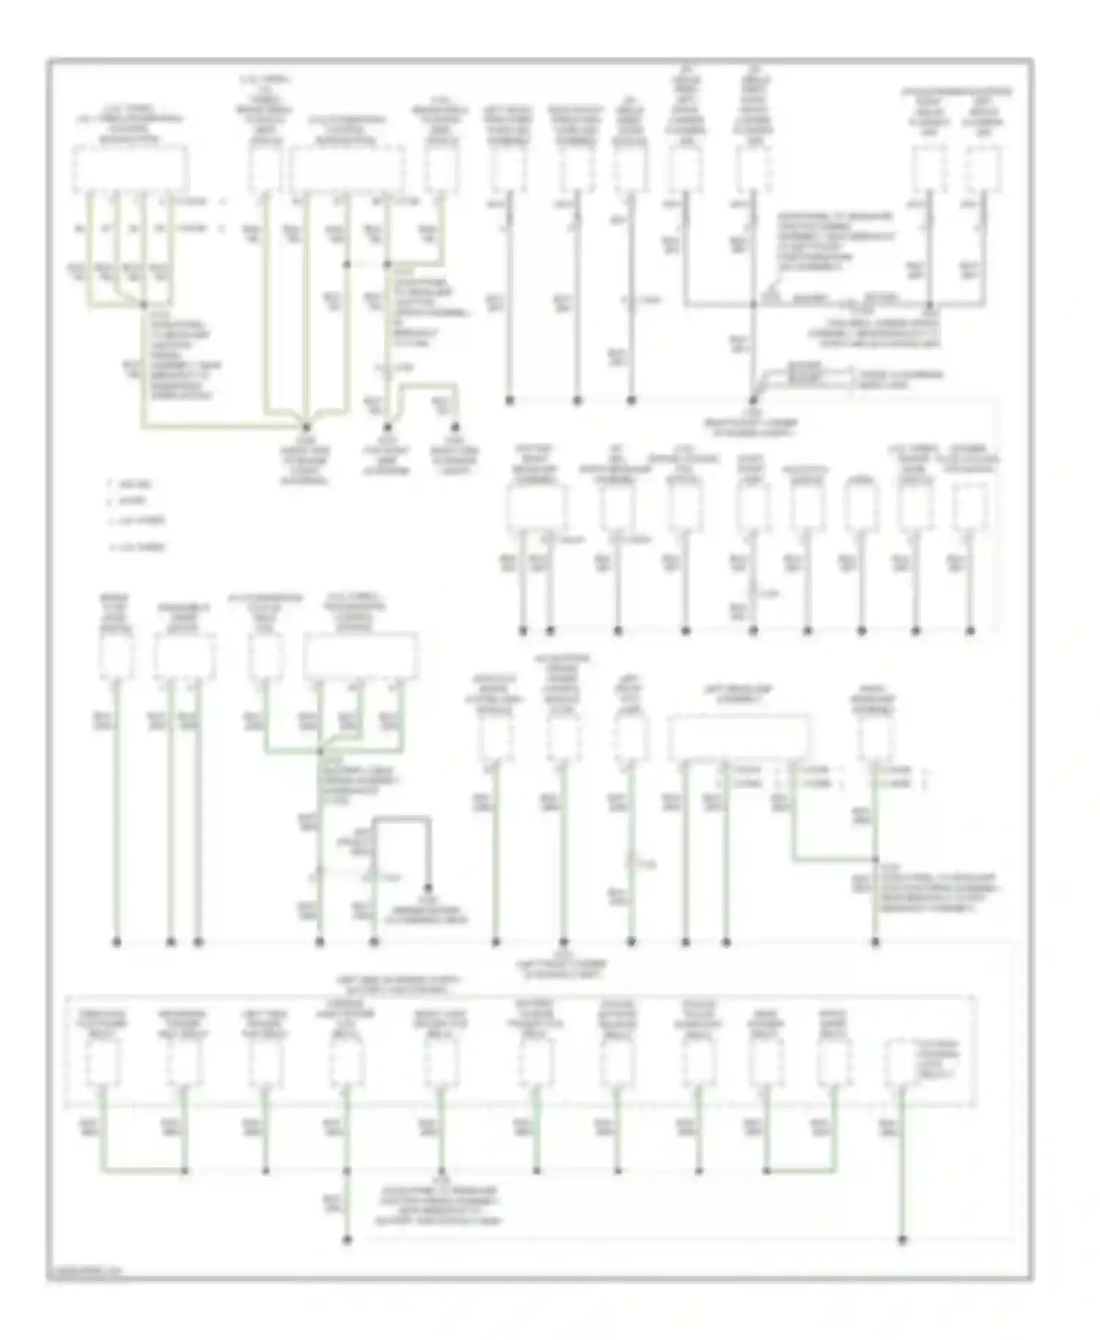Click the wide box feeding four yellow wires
coord(129,168)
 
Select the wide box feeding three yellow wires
coord(347,168)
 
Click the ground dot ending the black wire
coord(429,888)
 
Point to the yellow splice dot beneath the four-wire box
coord(144,303)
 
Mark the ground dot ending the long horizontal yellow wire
coord(307,426)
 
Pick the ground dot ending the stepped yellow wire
coord(455,426)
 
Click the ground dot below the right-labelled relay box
coord(902,1240)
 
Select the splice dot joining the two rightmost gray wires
coord(929,303)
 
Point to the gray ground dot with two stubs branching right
coord(753,400)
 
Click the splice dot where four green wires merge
coord(320,751)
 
